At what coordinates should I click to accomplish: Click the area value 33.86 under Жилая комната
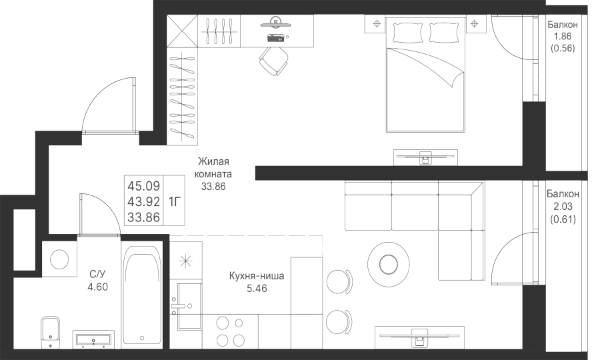[213, 187]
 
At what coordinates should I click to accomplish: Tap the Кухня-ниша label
[257, 276]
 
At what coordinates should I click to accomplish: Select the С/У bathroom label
[97, 274]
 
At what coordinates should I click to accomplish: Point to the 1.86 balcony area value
[563, 37]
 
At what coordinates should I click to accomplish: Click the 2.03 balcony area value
[563, 207]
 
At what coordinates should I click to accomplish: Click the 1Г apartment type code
[174, 201]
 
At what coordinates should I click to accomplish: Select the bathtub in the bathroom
[142, 297]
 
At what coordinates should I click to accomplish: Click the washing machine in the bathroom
[59, 259]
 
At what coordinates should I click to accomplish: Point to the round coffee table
[389, 263]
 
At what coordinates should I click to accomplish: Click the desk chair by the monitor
[273, 61]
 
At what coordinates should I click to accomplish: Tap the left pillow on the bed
[408, 32]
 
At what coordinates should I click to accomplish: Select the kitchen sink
[189, 306]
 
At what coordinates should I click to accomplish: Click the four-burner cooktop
[230, 332]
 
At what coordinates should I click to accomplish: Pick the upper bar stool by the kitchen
[339, 281]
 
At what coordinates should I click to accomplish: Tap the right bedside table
[475, 24]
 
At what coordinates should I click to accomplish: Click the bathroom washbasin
[93, 340]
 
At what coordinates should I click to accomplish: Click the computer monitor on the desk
[275, 23]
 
